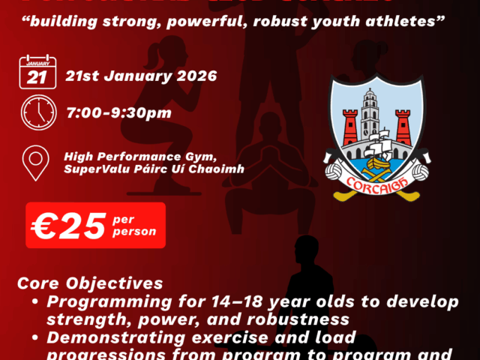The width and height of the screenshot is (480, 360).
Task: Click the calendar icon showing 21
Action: pos(36,73)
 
